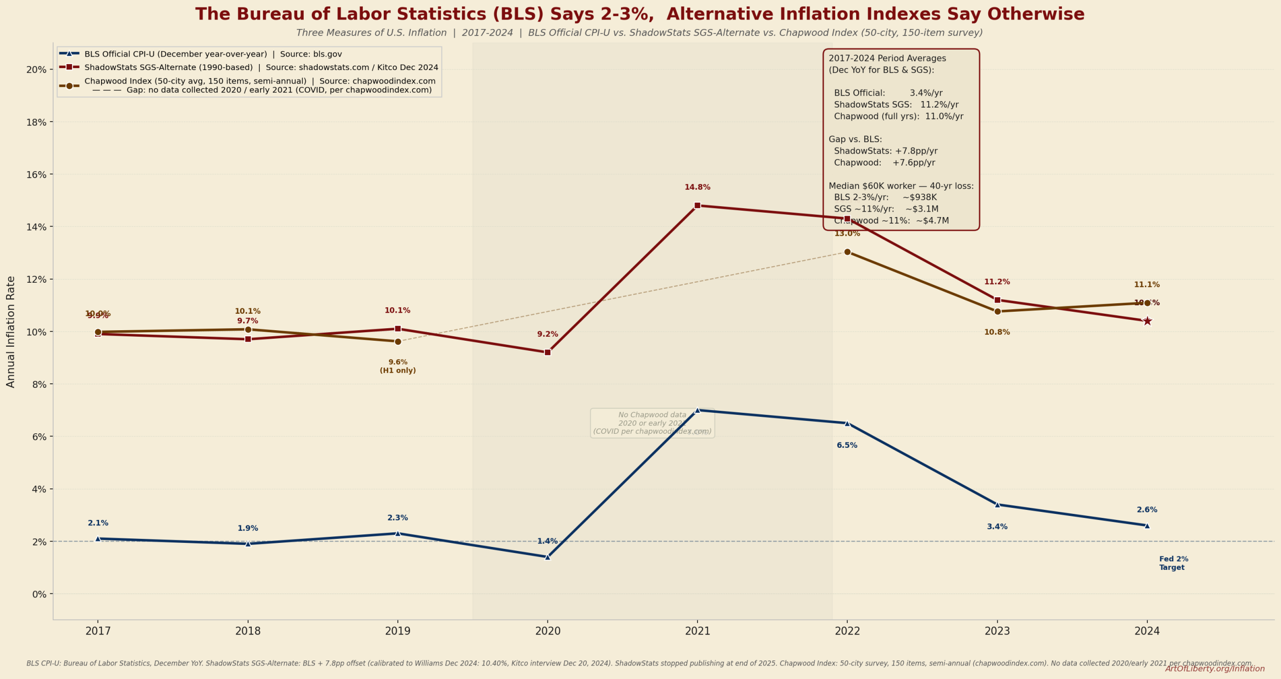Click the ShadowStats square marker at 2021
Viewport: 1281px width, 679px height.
pos(698,205)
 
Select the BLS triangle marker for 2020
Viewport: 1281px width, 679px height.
pos(547,556)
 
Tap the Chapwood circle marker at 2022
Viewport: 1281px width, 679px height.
pos(847,252)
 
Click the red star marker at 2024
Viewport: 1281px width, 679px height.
pos(1147,321)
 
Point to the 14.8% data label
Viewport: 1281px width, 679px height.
pos(697,187)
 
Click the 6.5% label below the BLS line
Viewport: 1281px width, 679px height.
pos(847,445)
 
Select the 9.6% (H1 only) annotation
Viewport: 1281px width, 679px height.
pos(398,366)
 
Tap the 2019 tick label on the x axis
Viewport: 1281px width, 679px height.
pos(398,631)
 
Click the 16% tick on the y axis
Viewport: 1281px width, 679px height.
pos(36,175)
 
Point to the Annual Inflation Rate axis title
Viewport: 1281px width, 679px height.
pos(11,332)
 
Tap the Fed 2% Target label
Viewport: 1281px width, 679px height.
pos(1173,563)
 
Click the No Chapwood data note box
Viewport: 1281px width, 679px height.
pos(652,423)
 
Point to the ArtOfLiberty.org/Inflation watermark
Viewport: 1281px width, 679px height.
pos(1214,668)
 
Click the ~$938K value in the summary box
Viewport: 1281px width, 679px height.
pos(920,197)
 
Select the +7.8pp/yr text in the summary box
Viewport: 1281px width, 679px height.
pos(916,151)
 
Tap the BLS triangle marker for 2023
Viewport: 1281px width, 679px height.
pos(997,504)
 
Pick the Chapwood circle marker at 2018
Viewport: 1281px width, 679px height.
pos(248,329)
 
